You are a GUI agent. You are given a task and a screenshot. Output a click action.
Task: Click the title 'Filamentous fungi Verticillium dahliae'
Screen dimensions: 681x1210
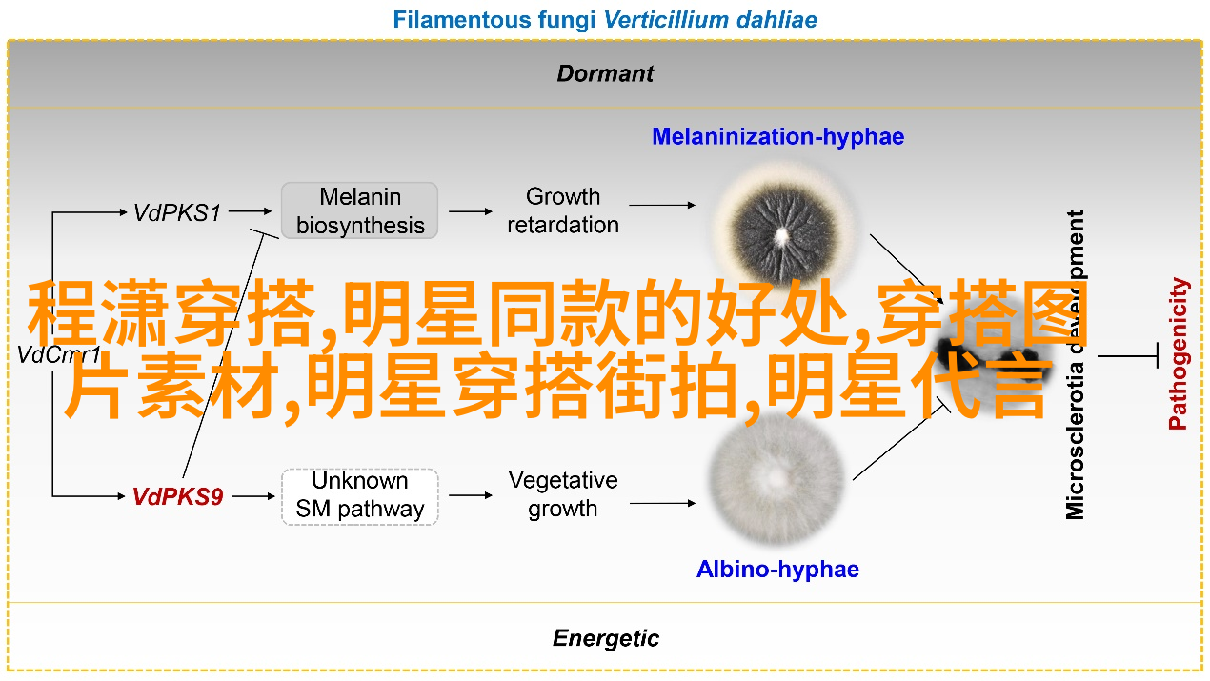click(x=605, y=19)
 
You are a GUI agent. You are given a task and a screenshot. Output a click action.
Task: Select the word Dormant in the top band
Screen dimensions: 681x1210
click(x=605, y=73)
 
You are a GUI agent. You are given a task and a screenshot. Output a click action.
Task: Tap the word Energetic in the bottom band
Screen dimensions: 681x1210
click(x=605, y=638)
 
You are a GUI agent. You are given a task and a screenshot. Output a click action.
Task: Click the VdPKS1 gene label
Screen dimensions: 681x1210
click(x=177, y=213)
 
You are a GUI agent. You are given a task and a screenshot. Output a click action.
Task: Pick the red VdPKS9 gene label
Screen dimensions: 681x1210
click(x=177, y=496)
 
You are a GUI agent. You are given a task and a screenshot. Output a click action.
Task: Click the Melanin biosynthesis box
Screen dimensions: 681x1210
click(x=359, y=211)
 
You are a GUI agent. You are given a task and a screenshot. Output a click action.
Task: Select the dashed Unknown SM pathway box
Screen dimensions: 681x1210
click(x=359, y=495)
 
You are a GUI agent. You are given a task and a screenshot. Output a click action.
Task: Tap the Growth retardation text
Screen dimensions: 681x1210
click(x=562, y=210)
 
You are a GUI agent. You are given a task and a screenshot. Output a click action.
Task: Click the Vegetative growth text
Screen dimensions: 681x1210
click(x=562, y=494)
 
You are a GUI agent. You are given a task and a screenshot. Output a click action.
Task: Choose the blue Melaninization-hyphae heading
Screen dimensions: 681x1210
click(x=777, y=137)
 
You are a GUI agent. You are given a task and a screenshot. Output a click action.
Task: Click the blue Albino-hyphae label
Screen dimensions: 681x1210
click(x=777, y=570)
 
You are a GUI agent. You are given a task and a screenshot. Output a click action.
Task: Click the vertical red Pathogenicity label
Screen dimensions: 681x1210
click(x=1179, y=353)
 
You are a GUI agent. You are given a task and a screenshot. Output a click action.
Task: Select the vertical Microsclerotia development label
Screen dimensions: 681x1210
click(x=1076, y=364)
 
